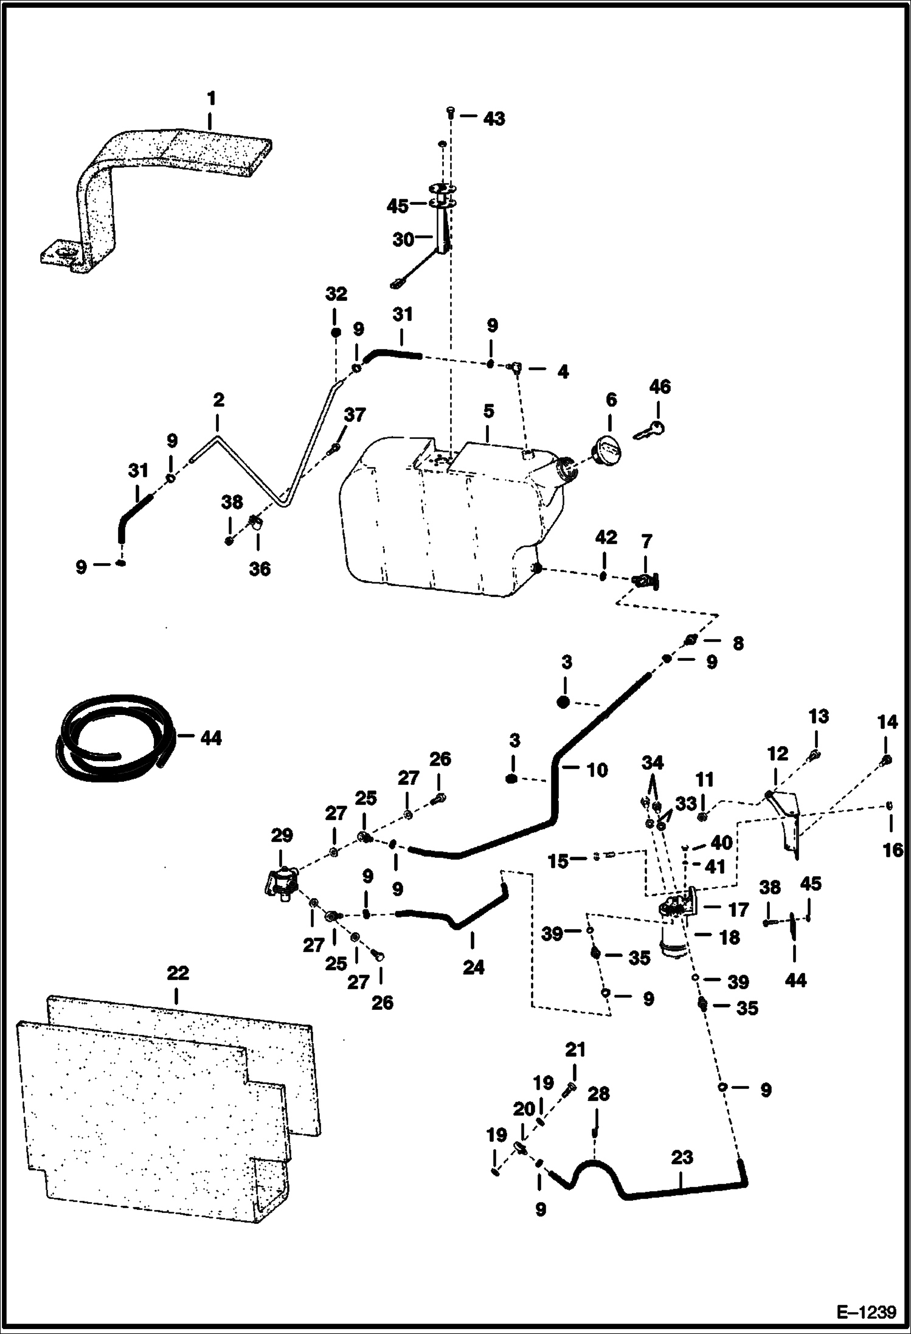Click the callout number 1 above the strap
point(210,98)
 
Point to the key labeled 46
point(649,430)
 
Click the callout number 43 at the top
point(493,119)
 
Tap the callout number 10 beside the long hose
point(597,770)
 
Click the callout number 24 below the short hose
point(473,967)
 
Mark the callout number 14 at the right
point(887,722)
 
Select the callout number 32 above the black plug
point(336,294)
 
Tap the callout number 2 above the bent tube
point(218,399)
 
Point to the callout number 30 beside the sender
point(403,240)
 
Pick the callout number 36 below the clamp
point(260,569)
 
